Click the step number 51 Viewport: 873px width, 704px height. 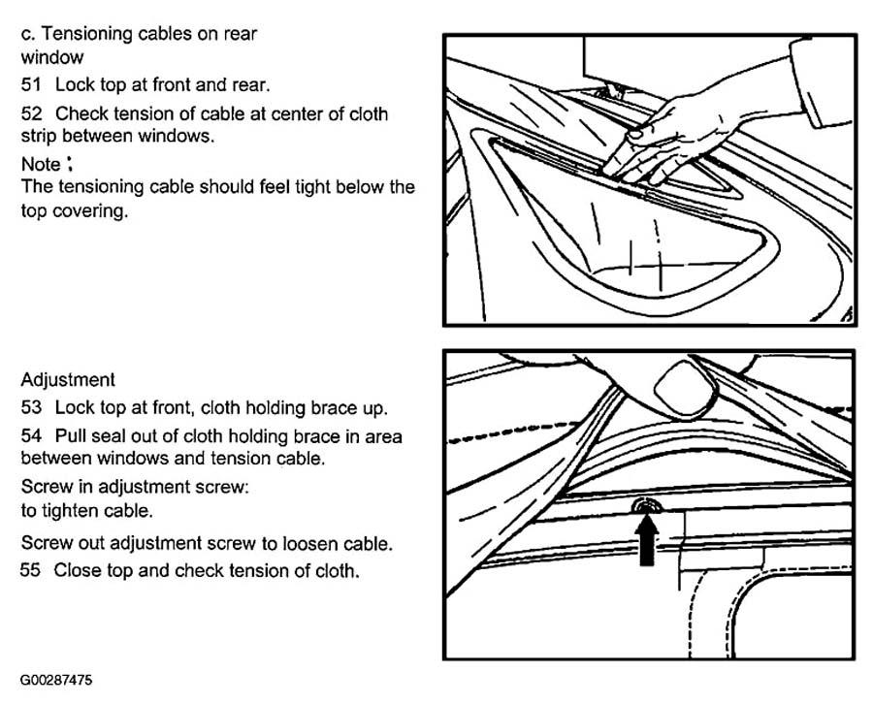[31, 85]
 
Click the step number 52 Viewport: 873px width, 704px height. [31, 113]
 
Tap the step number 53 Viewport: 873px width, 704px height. [31, 408]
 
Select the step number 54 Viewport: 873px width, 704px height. [31, 435]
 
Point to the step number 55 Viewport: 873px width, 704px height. [31, 570]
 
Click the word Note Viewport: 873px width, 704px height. [41, 164]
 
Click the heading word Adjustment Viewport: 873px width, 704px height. [68, 380]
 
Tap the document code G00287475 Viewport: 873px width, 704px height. [57, 681]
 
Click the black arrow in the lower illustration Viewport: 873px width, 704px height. [646, 541]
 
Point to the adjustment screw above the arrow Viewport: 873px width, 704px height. [646, 505]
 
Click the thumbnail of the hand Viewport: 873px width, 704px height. [634, 135]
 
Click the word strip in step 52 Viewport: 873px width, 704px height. [39, 137]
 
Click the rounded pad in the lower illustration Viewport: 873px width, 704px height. [685, 390]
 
